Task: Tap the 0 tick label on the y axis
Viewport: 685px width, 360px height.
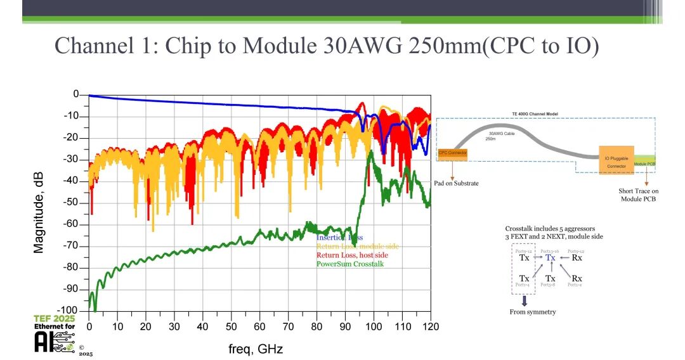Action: pos(76,94)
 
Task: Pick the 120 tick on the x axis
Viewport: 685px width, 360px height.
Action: pos(431,326)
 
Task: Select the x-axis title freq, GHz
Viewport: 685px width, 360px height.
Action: pos(256,349)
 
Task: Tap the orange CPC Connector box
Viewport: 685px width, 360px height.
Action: pos(453,153)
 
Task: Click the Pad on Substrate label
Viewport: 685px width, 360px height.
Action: pos(456,183)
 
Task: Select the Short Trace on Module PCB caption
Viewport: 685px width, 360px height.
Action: pos(638,195)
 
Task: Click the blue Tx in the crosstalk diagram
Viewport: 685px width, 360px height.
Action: pos(551,257)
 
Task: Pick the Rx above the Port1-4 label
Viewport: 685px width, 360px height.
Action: pos(577,278)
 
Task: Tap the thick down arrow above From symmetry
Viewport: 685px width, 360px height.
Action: pos(525,300)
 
